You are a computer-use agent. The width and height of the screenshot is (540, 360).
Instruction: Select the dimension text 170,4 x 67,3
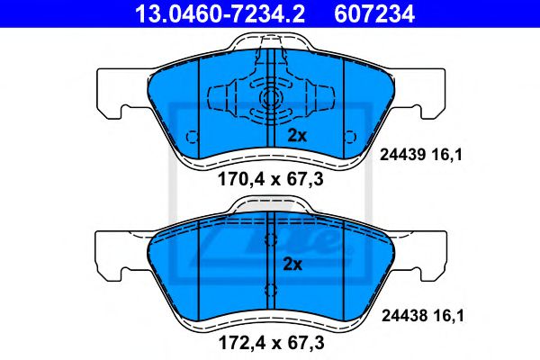tap(271, 178)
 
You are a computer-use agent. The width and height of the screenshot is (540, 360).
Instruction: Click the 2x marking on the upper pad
tap(297, 136)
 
